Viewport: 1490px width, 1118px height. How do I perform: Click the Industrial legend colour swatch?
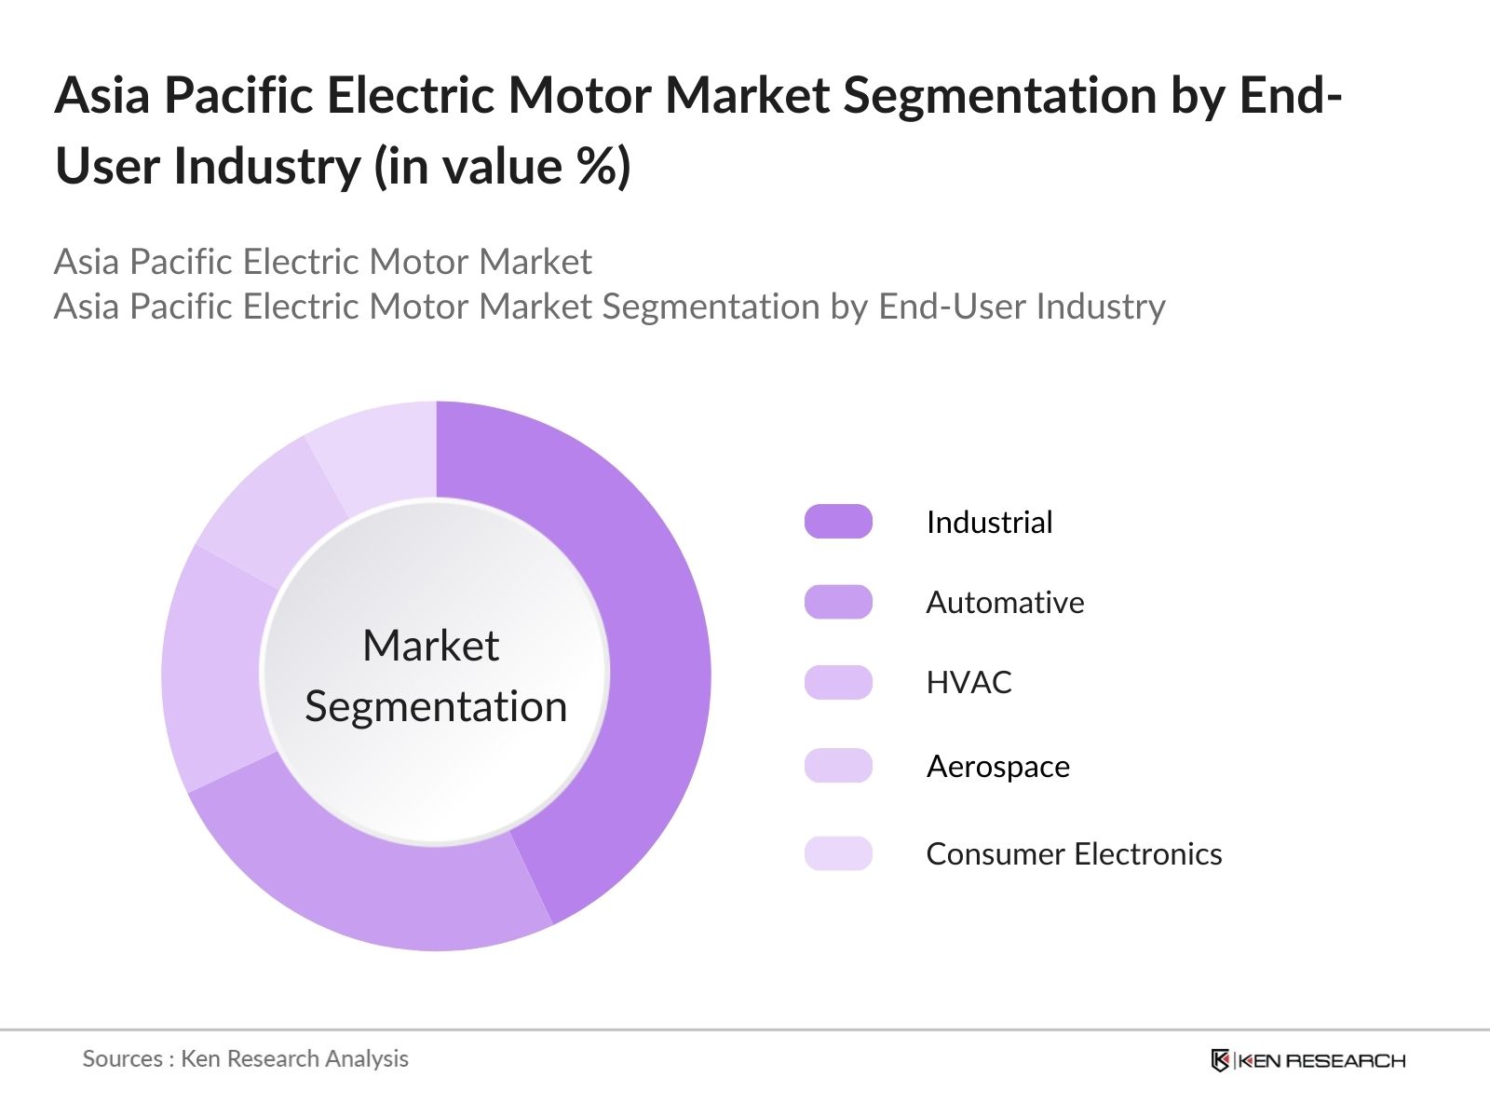coord(838,522)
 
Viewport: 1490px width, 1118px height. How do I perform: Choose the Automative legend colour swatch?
coord(838,602)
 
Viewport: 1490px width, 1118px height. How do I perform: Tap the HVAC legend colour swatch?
coord(838,682)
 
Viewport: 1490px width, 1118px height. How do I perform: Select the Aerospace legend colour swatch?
coord(838,766)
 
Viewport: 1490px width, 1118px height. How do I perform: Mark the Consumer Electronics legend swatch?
coord(838,853)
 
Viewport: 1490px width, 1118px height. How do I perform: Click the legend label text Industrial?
coord(989,522)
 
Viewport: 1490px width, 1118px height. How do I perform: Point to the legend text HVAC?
coord(968,682)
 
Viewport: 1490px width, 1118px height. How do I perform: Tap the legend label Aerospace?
coord(997,766)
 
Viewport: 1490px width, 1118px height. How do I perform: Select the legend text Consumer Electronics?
coord(1074,853)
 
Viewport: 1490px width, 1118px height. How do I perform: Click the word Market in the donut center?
coord(431,646)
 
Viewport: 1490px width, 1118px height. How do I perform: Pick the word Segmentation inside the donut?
coord(436,706)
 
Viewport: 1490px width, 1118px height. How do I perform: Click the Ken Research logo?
coord(1307,1060)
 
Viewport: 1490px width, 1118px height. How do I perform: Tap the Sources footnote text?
coord(245,1058)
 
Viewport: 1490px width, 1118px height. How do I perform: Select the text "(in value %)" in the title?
coord(503,166)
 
